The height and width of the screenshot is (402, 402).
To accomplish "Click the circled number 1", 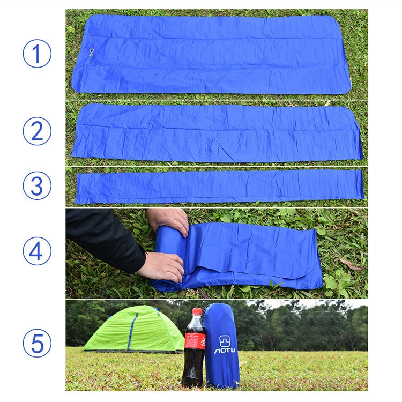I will pos(37,54).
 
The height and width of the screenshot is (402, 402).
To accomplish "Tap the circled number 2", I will pos(37,131).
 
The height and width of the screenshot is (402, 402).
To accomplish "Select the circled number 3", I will pos(37,185).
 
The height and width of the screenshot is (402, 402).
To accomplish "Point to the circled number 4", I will pos(37,251).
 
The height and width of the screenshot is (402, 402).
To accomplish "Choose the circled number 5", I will pos(37,343).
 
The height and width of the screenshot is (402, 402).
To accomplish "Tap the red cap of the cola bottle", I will pos(197,311).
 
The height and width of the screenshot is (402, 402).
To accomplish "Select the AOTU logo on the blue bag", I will pos(225,345).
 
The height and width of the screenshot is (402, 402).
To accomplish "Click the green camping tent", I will pos(134,330).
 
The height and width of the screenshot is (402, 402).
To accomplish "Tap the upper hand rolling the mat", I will pos(168,220).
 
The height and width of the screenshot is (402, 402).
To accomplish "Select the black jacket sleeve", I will pos(102,236).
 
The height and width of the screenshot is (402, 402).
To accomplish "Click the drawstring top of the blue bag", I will pos(219,309).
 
